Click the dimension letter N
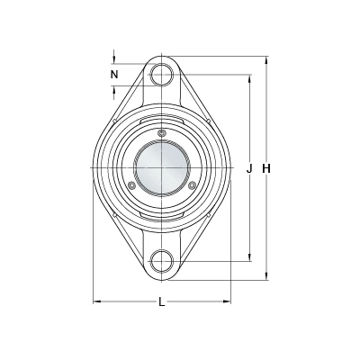[x=114, y=75]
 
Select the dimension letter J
[x=249, y=169]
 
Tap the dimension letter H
[x=266, y=169]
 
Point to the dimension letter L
[x=162, y=301]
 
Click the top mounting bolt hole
[x=162, y=75]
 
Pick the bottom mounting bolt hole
[x=162, y=261]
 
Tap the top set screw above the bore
[x=162, y=133]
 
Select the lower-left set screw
[x=130, y=185]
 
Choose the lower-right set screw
[x=193, y=185]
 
